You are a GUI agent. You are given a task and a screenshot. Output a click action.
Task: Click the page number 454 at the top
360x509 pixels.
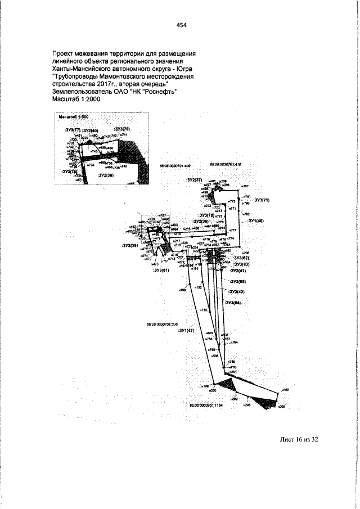tap(181, 24)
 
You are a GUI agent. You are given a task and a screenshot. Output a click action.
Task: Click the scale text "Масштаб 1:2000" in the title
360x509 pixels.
tap(75, 98)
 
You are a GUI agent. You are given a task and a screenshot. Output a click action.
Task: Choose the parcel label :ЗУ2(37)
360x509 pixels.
tap(194, 180)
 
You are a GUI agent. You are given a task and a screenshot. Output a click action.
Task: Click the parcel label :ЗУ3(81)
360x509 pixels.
tap(161, 270)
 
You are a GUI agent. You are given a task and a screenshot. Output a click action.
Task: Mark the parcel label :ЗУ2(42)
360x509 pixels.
tap(237, 292)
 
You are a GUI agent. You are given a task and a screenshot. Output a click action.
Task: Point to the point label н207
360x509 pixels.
tap(245, 185)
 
